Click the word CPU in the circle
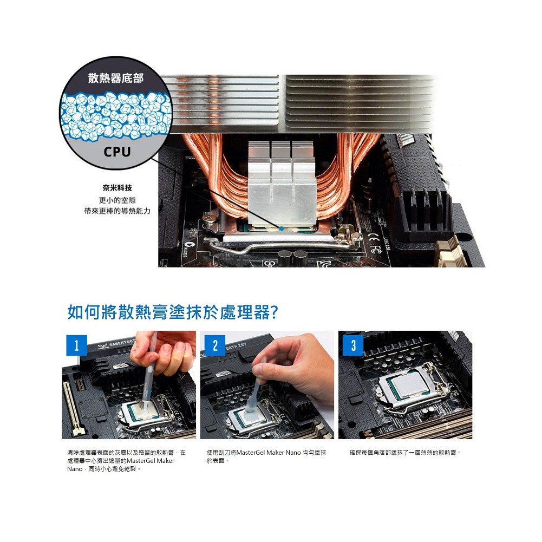point(117,152)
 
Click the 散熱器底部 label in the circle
point(115,78)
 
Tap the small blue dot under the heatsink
point(282,228)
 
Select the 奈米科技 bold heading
point(117,188)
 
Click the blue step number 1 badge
point(77,345)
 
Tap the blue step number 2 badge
point(215,345)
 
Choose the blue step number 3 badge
point(353,345)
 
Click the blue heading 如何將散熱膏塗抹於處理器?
point(173,312)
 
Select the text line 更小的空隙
point(117,200)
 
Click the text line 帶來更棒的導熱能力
point(117,211)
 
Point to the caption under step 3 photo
point(405,453)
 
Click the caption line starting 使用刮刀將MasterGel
point(266,453)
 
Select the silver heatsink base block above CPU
point(281,183)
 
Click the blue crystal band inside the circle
point(116,116)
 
